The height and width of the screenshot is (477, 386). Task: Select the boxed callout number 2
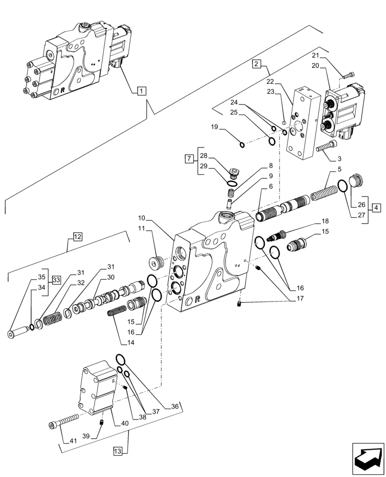[257, 64]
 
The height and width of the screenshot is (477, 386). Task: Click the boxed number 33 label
[56, 280]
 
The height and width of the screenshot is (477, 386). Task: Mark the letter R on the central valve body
[197, 300]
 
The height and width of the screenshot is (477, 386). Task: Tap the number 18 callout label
[325, 221]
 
